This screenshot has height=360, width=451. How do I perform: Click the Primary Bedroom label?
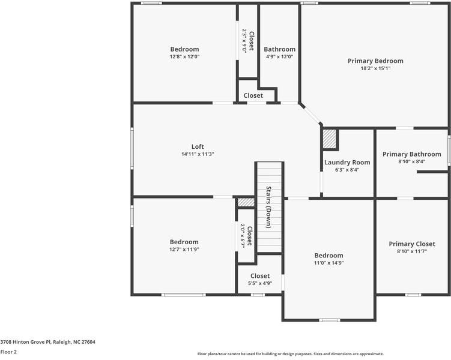pyautogui.click(x=375, y=61)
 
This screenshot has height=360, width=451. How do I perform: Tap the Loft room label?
pyautogui.click(x=198, y=146)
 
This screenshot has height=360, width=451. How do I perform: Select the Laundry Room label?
pyautogui.click(x=347, y=162)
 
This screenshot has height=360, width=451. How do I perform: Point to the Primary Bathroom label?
pyautogui.click(x=411, y=154)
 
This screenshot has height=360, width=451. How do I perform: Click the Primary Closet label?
pyautogui.click(x=411, y=244)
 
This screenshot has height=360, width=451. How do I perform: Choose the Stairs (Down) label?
pyautogui.click(x=268, y=208)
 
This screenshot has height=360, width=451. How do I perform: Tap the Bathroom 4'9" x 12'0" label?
pyautogui.click(x=279, y=49)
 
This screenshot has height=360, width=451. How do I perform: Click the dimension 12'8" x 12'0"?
pyautogui.click(x=184, y=57)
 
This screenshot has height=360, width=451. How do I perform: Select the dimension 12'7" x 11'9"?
pyautogui.click(x=184, y=250)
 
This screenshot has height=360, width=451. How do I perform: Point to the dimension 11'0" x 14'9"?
pyautogui.click(x=328, y=263)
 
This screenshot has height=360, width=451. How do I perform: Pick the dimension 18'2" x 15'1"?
pyautogui.click(x=375, y=68)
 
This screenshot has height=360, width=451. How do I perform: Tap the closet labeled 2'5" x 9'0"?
pyautogui.click(x=248, y=41)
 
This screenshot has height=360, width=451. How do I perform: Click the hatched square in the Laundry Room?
pyautogui.click(x=330, y=139)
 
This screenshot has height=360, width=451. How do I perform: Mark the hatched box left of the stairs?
pyautogui.click(x=246, y=202)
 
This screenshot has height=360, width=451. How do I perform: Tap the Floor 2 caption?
pyautogui.click(x=8, y=352)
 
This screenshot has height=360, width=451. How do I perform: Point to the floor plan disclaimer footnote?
pyautogui.click(x=290, y=354)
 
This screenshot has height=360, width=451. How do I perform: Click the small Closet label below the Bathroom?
pyautogui.click(x=253, y=95)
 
